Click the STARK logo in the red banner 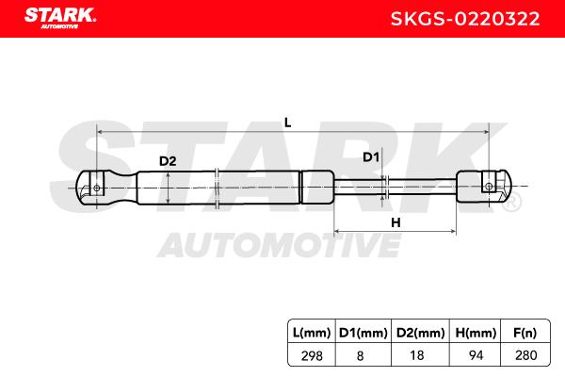pyautogui.click(x=60, y=18)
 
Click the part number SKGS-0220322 pyautogui.click(x=465, y=19)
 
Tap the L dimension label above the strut pyautogui.click(x=287, y=123)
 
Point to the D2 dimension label pyautogui.click(x=168, y=161)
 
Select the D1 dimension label pyautogui.click(x=371, y=157)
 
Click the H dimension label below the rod pyautogui.click(x=395, y=222)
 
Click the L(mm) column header pyautogui.click(x=312, y=333)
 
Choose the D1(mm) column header pyautogui.click(x=363, y=333)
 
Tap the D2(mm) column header pyautogui.click(x=421, y=333)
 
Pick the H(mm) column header pyautogui.click(x=476, y=333)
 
